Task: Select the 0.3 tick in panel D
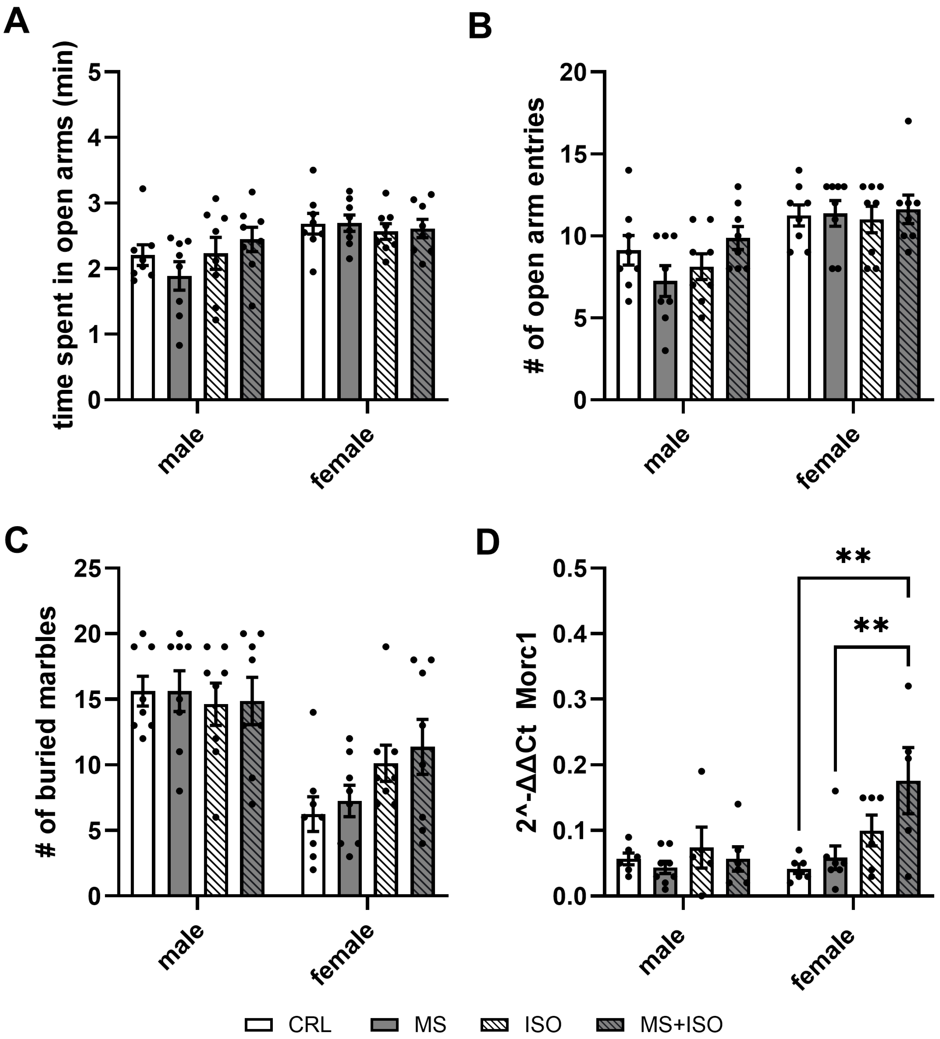coord(569,699)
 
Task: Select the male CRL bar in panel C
coord(143,794)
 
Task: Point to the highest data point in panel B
coord(908,121)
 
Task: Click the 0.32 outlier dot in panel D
coord(908,686)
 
